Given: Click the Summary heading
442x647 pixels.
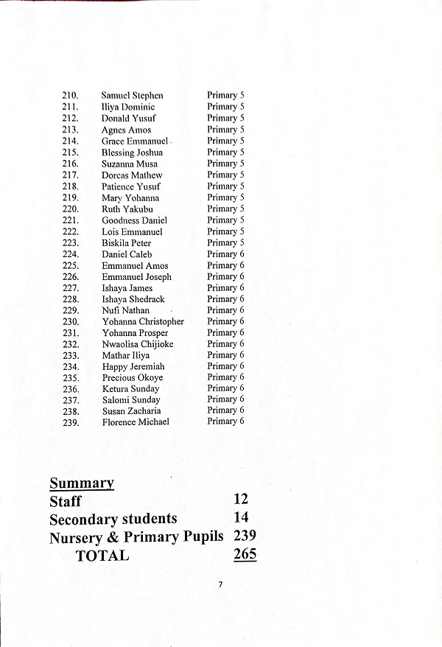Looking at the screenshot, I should pyautogui.click(x=81, y=483).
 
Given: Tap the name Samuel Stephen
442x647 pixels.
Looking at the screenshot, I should pyautogui.click(x=132, y=96).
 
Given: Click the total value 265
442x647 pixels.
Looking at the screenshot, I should pyautogui.click(x=245, y=554).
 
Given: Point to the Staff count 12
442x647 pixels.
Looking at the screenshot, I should pyautogui.click(x=240, y=500).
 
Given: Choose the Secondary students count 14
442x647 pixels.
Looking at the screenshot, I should pyautogui.click(x=241, y=517).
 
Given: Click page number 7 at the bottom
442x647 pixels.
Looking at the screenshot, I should pyautogui.click(x=220, y=584).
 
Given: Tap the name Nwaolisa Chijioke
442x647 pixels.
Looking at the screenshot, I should pyautogui.click(x=138, y=344).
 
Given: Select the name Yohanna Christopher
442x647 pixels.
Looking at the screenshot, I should pyautogui.click(x=142, y=321).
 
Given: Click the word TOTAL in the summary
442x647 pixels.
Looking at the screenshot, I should pyautogui.click(x=102, y=556).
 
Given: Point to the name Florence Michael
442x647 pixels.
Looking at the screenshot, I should pyautogui.click(x=135, y=422).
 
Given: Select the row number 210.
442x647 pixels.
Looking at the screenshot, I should pyautogui.click(x=71, y=96).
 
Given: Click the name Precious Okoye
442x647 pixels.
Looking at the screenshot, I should pyautogui.click(x=132, y=377).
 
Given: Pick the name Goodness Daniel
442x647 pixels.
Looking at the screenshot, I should pyautogui.click(x=134, y=220).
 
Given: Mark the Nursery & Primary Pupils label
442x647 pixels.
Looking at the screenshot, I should pyautogui.click(x=136, y=537).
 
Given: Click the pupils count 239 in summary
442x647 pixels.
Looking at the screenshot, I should pyautogui.click(x=245, y=536).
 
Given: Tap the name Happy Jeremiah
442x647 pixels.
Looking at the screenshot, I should pyautogui.click(x=133, y=366).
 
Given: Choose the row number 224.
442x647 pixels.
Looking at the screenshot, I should pyautogui.click(x=71, y=254).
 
